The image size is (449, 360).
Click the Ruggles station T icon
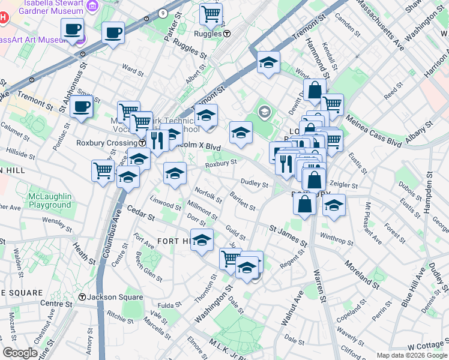tap(226, 34)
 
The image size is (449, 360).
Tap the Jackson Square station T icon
tap(82, 297)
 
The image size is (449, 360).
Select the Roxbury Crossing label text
tap(106, 143)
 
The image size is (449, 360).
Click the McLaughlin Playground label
tap(50, 200)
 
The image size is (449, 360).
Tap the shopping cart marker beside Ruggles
tap(211, 14)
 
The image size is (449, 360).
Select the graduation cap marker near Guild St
tap(202, 240)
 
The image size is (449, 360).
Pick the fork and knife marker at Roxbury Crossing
tap(157, 141)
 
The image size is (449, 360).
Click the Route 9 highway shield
tap(163, 13)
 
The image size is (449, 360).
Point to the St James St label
tap(288, 235)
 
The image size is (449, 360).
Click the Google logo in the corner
tap(20, 353)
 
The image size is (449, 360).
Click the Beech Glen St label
tap(148, 268)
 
